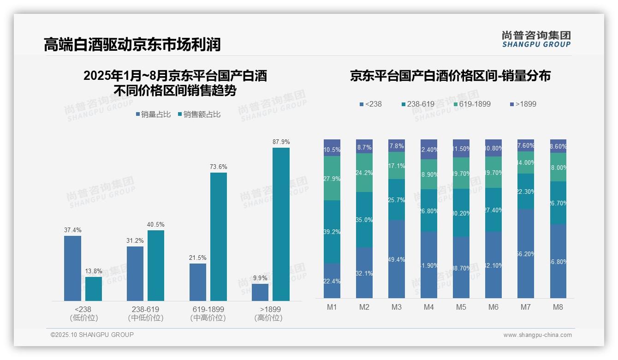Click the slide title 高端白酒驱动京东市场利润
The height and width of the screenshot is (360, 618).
click(132, 44)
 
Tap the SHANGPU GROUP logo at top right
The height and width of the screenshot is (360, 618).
click(536, 39)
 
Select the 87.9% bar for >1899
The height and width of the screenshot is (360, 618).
click(281, 224)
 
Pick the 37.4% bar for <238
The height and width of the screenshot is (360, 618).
click(72, 268)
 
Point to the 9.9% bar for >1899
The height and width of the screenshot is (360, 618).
click(260, 292)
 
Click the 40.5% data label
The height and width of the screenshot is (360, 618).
click(155, 224)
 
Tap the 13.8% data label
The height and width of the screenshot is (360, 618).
click(94, 271)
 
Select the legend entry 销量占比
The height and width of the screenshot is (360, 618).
click(153, 114)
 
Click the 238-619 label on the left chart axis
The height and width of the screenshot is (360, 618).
click(145, 309)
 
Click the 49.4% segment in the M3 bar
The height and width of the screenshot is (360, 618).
click(397, 259)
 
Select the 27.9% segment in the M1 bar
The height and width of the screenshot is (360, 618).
click(332, 178)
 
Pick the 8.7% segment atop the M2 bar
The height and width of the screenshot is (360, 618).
click(364, 147)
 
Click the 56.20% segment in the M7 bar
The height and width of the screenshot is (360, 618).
click(526, 253)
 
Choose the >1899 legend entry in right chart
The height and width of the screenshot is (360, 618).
click(523, 104)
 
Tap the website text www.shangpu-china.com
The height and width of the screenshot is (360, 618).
click(537, 335)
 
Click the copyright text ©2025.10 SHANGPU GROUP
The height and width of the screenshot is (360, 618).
click(92, 335)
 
